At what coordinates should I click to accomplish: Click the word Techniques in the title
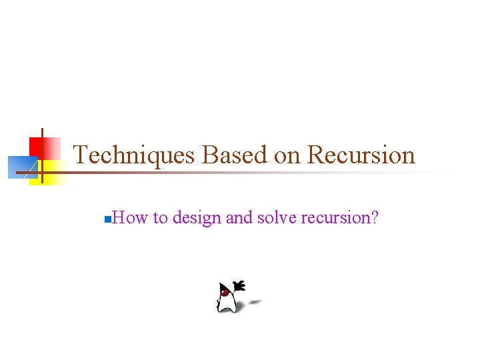133,155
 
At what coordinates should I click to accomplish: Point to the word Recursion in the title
361,155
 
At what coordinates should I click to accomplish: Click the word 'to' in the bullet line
160,217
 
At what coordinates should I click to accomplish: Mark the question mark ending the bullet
374,217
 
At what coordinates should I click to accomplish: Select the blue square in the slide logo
21,167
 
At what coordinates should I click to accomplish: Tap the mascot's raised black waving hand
239,287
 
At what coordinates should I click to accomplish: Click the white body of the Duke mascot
227,303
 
